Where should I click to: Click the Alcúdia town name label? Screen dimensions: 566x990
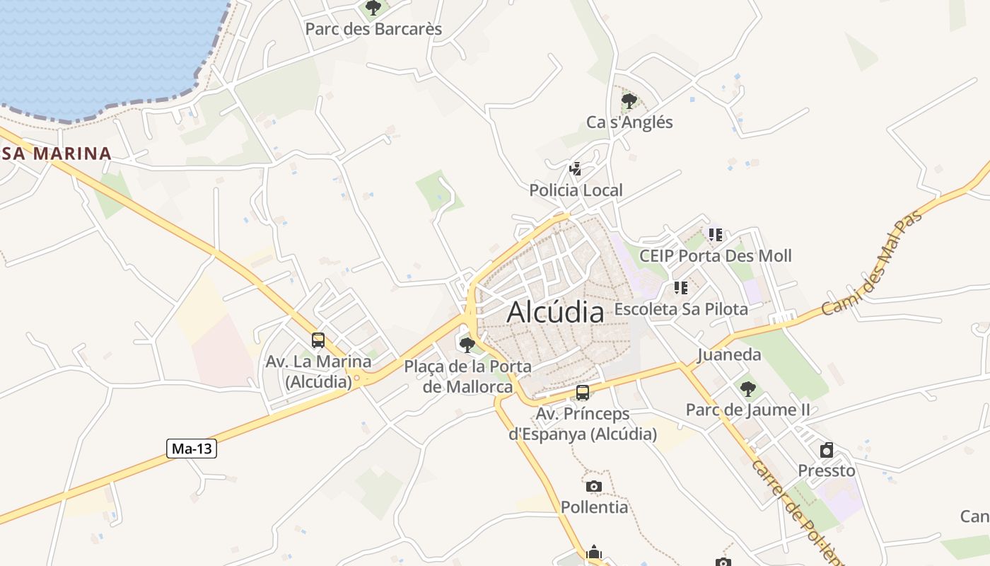pos(556,311)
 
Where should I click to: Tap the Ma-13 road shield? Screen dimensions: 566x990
pos(192,449)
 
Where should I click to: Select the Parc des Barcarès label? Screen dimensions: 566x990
pos(373,29)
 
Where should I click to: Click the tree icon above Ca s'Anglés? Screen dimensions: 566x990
pos(629,101)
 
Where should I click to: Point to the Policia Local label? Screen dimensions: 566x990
pos(576,190)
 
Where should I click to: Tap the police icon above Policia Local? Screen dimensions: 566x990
pos(576,169)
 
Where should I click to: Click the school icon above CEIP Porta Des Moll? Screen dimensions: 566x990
pos(715,234)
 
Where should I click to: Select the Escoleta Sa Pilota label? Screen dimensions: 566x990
pos(680,309)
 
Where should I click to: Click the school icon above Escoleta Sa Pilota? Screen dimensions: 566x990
pos(680,288)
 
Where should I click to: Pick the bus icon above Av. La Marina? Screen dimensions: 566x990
pos(318,340)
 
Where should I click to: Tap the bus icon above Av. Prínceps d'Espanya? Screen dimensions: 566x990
pos(583,393)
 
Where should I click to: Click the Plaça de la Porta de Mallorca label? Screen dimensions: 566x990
pos(467,376)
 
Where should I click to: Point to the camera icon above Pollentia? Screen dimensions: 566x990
pos(594,486)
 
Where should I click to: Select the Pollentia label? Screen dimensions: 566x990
pos(594,507)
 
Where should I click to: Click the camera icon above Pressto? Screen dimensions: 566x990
pos(826,450)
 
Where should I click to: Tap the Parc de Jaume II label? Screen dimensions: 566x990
pos(747,410)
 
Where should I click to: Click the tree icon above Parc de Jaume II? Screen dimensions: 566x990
pos(747,389)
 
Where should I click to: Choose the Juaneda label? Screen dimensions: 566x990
pos(729,354)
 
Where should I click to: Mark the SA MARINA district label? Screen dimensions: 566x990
pos(56,154)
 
